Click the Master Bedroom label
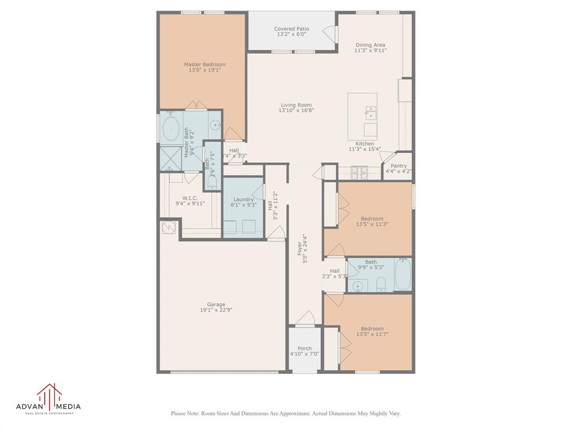click(204, 65)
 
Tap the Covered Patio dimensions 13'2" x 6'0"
click(291, 34)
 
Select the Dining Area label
click(370, 45)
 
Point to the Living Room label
click(296, 105)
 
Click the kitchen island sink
click(371, 113)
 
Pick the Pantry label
click(398, 166)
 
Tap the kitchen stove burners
click(360, 173)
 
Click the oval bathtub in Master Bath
click(171, 129)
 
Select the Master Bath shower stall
click(171, 159)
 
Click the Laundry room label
click(243, 200)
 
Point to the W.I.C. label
click(190, 198)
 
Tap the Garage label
click(216, 304)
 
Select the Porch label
click(304, 348)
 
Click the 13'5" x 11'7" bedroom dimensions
click(372, 334)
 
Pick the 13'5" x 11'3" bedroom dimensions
click(372, 224)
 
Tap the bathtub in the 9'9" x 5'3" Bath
click(403, 274)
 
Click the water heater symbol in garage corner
click(168, 227)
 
